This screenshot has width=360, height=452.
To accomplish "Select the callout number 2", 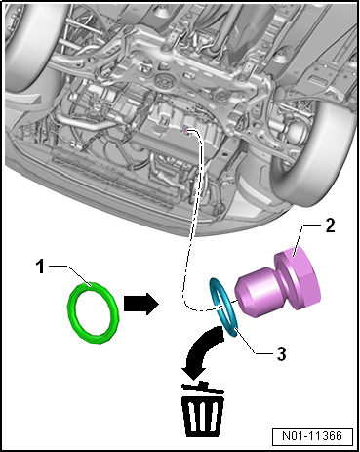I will click(330, 226).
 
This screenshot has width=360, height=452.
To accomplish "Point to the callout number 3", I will click(281, 353).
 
